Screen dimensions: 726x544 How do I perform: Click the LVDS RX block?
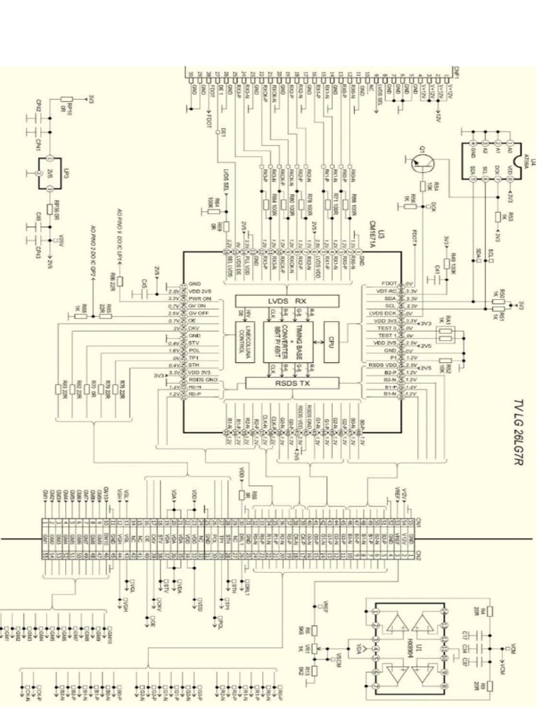pos(288,301)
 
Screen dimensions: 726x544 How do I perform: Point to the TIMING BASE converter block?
pos(288,341)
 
